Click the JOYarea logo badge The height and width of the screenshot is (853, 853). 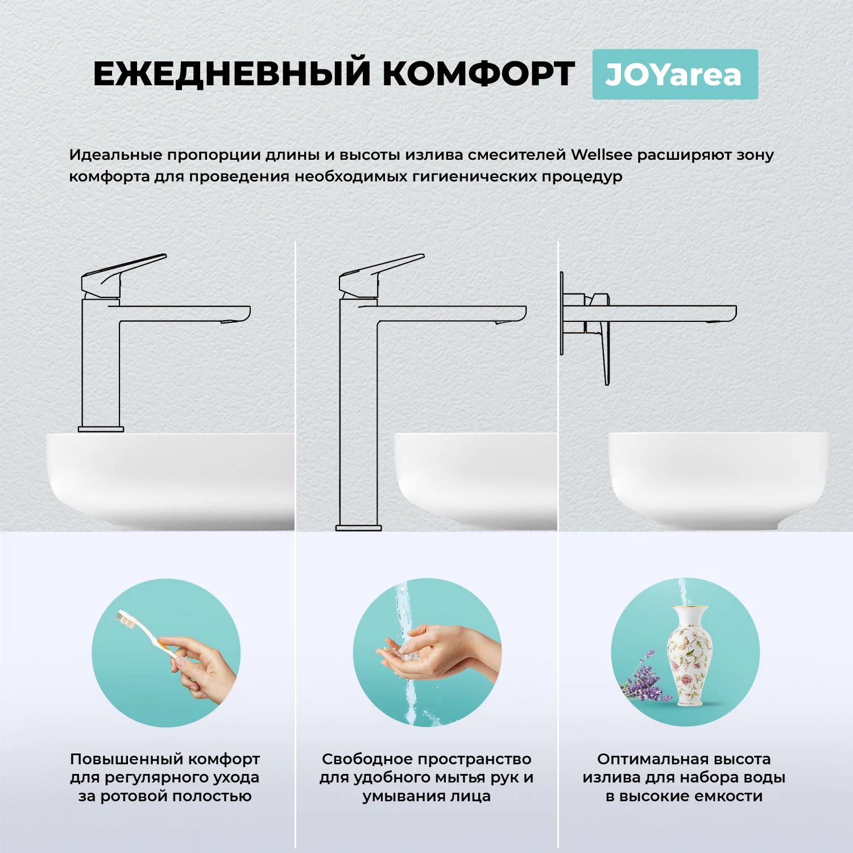674,74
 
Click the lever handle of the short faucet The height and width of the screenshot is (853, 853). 125,270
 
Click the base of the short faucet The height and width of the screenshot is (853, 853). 101,429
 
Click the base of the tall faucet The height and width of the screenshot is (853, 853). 358,528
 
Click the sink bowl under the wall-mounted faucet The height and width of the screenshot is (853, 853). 718,478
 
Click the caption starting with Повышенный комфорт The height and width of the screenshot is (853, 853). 165,777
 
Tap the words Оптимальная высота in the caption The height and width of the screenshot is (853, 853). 684,759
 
